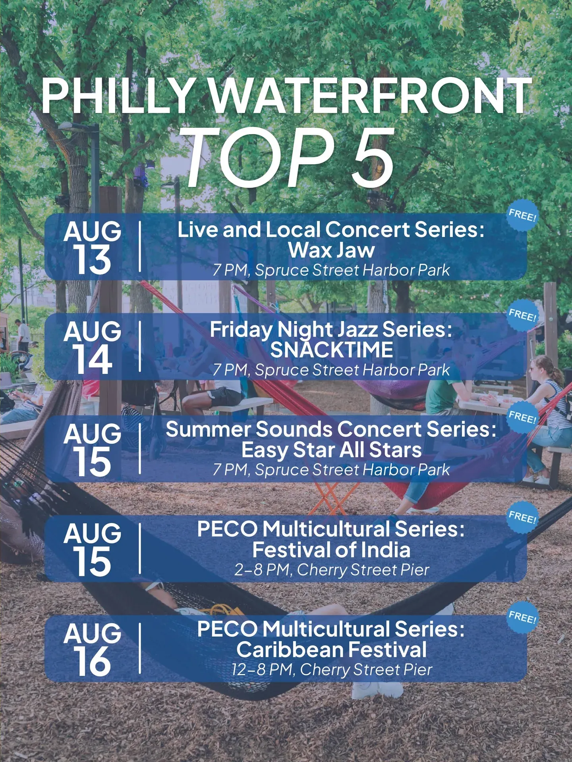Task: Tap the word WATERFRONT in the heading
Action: tap(370, 96)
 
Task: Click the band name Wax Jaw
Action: tap(332, 250)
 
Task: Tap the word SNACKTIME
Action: tap(332, 350)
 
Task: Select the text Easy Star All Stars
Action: tap(332, 450)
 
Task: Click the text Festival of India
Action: tap(332, 550)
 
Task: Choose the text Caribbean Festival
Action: tap(332, 650)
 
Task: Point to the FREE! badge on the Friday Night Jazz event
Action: tap(523, 316)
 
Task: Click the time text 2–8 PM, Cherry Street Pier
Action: tap(332, 570)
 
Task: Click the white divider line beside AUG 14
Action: tap(140, 346)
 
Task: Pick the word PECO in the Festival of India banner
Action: tap(227, 529)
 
